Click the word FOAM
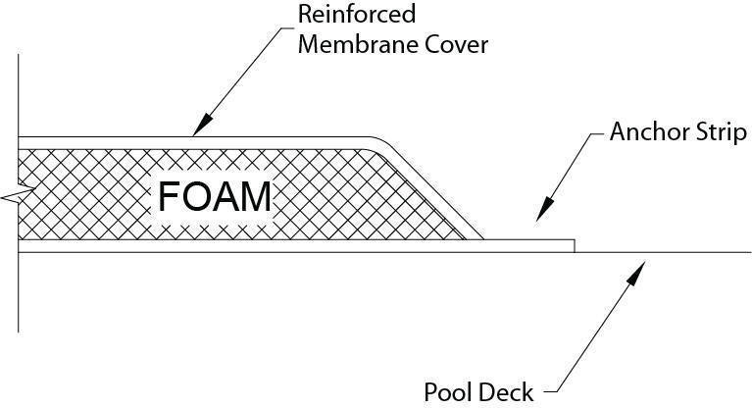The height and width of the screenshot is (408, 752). coord(215,197)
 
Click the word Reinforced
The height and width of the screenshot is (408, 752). coord(359,16)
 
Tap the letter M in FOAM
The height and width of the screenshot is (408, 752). coord(255,197)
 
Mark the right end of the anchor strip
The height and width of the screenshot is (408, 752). coord(573,245)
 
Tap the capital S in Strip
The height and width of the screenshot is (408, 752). coord(698,131)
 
